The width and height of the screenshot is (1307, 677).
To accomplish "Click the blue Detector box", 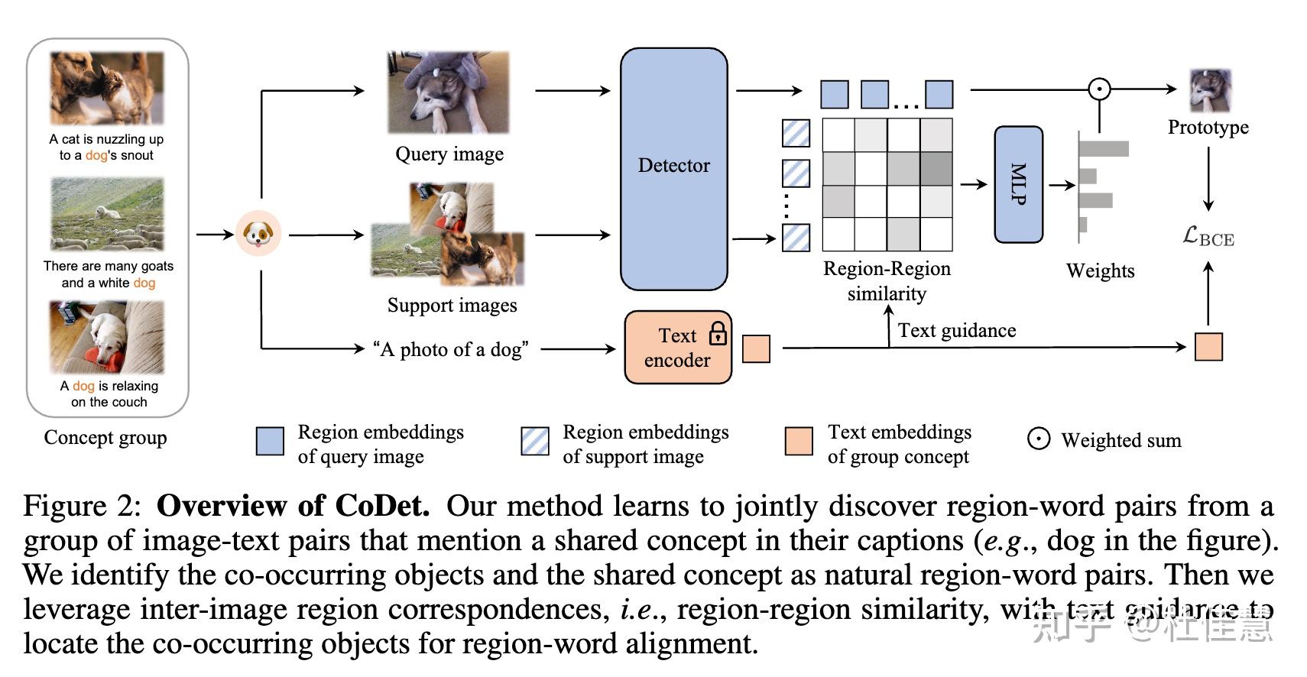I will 673,169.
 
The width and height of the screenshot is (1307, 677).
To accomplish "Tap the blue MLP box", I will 1018,184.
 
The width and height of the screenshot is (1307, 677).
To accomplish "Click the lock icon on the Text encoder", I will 717,332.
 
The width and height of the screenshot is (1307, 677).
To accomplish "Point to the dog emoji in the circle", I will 258,233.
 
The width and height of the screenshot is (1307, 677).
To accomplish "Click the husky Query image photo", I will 448,92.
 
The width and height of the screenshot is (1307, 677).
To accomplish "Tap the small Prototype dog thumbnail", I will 1210,90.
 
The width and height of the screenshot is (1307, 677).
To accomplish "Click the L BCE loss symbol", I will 1208,236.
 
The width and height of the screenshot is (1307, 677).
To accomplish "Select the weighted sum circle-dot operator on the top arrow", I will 1099,89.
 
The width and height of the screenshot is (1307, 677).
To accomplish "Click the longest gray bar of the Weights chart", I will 1104,148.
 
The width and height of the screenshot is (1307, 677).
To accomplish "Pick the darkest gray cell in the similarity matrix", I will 936,168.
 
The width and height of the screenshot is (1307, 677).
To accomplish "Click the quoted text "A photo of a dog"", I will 450,349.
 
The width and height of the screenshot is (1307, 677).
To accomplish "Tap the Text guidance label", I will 956,330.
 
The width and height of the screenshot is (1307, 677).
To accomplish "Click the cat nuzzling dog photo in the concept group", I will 107,88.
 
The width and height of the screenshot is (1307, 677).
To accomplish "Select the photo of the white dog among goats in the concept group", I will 107,215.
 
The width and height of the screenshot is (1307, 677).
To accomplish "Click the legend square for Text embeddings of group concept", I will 798,442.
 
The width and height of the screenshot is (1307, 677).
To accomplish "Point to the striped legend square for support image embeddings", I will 534,442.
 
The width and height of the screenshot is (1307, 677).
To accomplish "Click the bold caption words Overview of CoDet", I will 293,506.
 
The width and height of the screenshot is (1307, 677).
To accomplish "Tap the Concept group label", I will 105,438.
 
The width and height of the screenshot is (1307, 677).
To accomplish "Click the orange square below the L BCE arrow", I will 1208,347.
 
